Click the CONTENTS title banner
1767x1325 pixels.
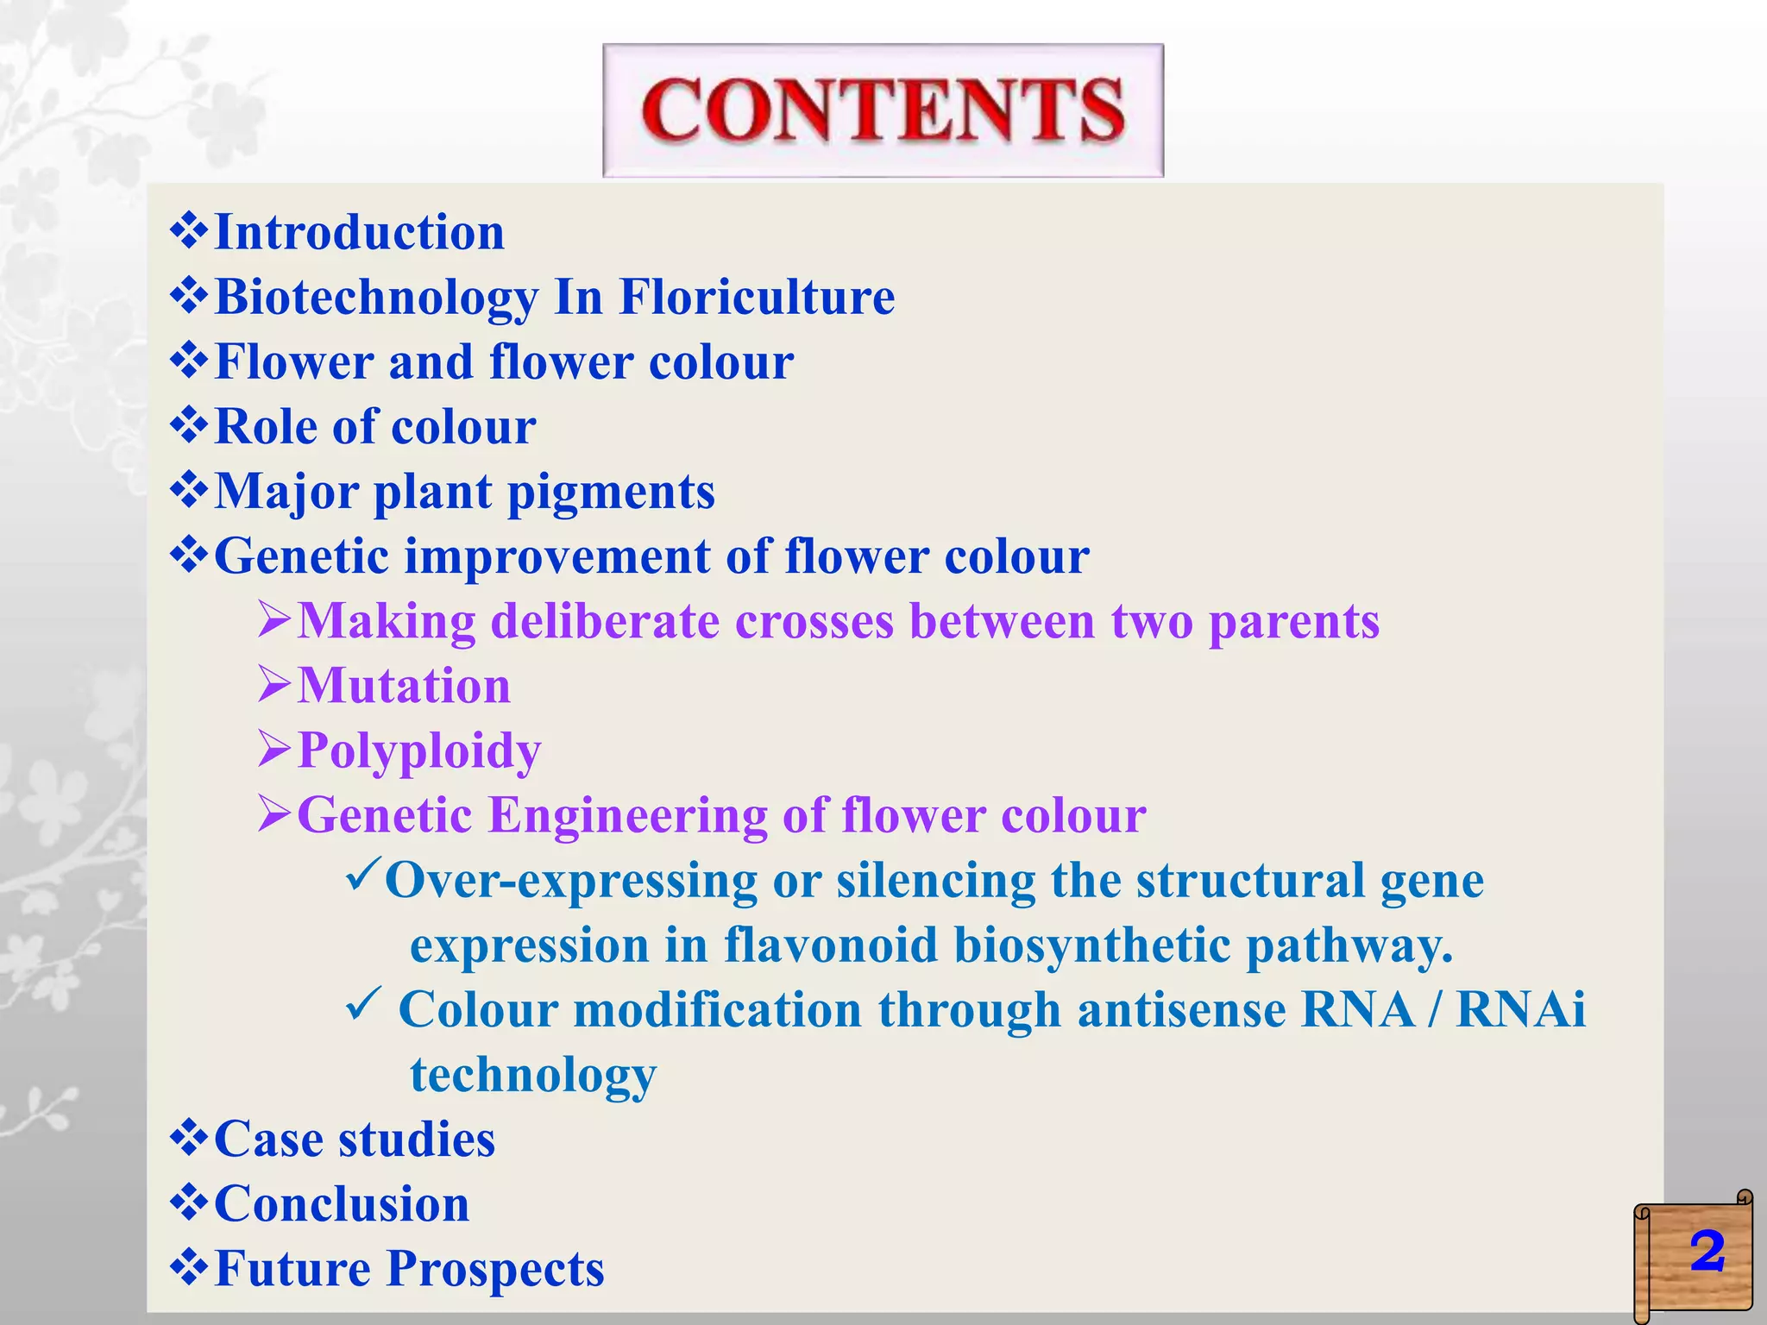coord(883,110)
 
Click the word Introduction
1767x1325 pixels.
coord(359,233)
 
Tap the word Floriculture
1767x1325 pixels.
coord(757,298)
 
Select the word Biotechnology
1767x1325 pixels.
coord(376,298)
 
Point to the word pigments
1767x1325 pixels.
coord(611,492)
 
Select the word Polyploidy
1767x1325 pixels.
coord(419,750)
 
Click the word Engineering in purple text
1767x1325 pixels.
coord(627,815)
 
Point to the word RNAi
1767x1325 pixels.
coord(1520,1009)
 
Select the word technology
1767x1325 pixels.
coord(533,1076)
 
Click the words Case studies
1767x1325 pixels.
coord(355,1139)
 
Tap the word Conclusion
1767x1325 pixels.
coord(342,1204)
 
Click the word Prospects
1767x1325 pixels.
coord(495,1269)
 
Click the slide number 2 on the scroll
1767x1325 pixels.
coord(1707,1253)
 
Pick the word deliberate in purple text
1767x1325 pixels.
coord(605,621)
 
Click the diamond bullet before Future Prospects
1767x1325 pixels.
coord(189,1267)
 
